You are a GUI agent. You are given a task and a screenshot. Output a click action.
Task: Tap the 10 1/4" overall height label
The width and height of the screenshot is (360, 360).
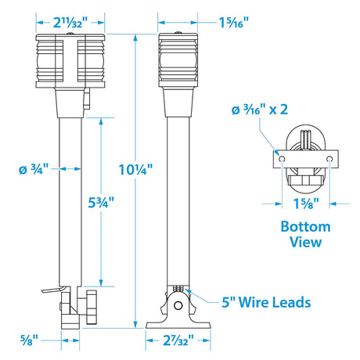pos(136,167)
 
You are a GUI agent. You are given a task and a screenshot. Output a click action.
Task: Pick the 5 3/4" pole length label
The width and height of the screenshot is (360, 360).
pos(101,201)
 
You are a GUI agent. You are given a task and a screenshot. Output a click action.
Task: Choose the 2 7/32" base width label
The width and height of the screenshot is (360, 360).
pos(179,342)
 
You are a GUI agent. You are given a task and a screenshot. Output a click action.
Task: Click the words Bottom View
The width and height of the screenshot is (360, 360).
pos(304,234)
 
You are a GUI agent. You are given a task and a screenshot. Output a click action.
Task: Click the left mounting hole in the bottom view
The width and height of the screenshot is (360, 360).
pos(278,160)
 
